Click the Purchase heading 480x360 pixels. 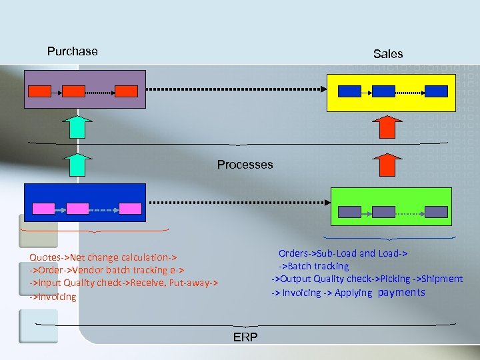tap(72, 51)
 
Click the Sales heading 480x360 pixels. tap(388, 53)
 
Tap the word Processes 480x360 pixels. tap(245, 165)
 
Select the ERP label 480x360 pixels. tap(245, 337)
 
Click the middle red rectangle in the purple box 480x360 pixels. tap(73, 91)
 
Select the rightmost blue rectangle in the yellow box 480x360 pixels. tap(436, 91)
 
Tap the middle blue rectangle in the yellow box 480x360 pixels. tap(383, 91)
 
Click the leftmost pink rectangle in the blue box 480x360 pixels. tap(44, 208)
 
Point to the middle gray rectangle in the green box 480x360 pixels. tap(383, 212)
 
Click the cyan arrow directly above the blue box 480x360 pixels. tap(79, 165)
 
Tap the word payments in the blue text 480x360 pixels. tap(401, 293)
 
